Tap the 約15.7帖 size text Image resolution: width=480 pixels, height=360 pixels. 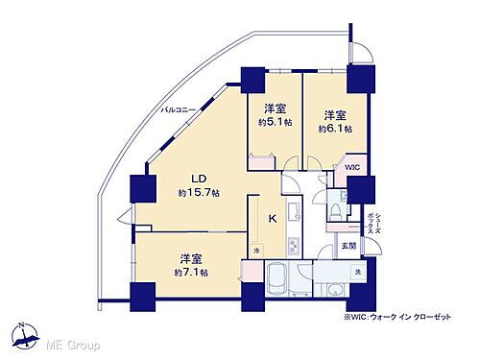pos(199,193)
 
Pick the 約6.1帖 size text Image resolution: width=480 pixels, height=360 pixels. pos(336,128)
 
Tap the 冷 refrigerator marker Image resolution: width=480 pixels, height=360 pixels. pos(256,251)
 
